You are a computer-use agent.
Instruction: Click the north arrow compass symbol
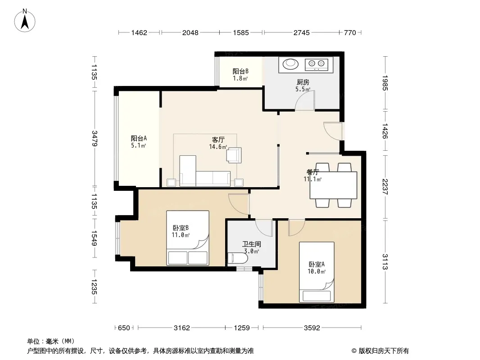coord(25,20)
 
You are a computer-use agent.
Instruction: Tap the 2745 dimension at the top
coord(302,32)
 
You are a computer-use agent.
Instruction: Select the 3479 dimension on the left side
coord(94,139)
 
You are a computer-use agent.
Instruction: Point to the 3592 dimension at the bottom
coord(312,328)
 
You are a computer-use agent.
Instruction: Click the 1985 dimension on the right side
coord(385,83)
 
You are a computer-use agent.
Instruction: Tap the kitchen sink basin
coord(290,64)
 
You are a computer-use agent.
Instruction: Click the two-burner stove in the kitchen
coord(317,64)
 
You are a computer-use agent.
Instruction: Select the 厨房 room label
coord(303,82)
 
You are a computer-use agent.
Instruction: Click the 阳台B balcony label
coord(240,71)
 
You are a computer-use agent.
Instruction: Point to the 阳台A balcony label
coord(139,138)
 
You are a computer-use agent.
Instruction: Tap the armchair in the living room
coord(234,155)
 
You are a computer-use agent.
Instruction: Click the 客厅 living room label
coord(218,140)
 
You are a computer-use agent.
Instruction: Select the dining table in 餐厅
coord(333,185)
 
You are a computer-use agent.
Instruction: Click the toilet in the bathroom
coord(238,258)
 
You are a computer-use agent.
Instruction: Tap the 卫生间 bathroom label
coord(252,244)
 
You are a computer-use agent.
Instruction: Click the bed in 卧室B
coord(188,238)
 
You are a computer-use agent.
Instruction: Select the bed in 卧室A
coord(317,272)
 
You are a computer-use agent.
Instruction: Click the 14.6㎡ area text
coord(218,147)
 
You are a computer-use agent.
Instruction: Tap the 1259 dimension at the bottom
coord(242,328)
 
